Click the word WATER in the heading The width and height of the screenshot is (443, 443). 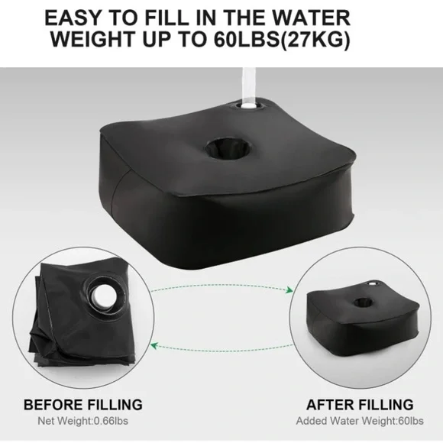[349, 16]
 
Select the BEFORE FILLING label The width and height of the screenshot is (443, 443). [83, 404]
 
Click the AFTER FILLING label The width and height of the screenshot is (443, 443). [361, 404]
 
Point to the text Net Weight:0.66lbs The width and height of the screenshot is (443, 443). [83, 420]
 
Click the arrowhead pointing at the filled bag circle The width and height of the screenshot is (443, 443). [290, 289]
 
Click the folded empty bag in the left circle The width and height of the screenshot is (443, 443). [73, 321]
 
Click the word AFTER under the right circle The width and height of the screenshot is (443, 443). [328, 404]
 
